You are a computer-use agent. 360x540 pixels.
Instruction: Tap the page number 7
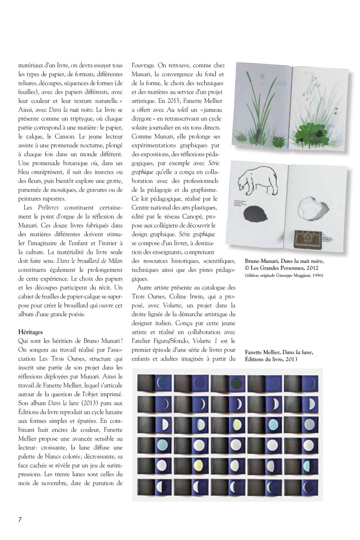click(x=20, y=519)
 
